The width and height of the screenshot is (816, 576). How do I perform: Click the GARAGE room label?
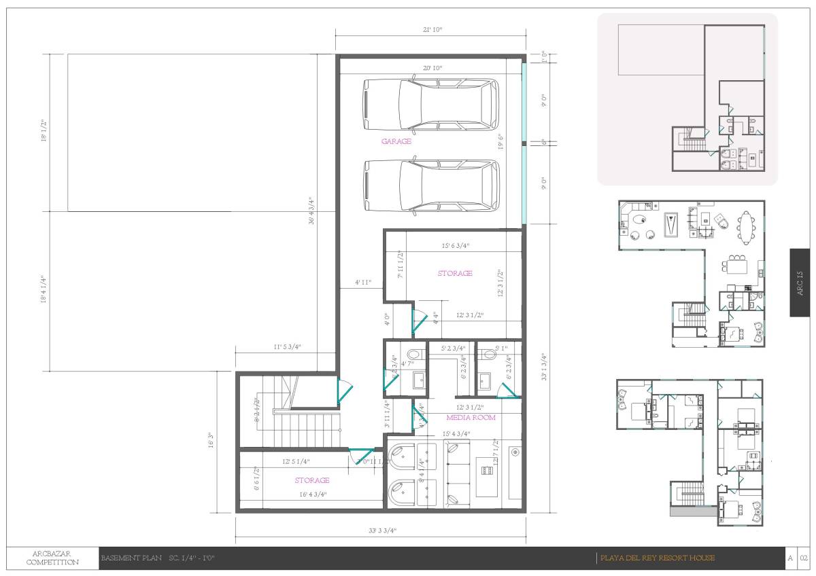tap(396, 141)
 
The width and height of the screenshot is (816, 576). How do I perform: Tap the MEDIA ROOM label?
tap(471, 417)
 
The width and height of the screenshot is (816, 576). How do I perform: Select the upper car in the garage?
tap(430, 105)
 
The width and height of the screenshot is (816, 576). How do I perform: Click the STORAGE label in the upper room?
tap(454, 273)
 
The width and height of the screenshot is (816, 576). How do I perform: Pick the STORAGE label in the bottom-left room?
tap(312, 480)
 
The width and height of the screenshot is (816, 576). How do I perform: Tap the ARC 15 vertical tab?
tap(800, 282)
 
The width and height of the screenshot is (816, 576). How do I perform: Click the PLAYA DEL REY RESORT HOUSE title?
tap(658, 558)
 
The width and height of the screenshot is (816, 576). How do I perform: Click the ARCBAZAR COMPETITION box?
tap(52, 558)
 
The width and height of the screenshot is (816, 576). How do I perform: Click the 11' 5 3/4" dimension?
tap(286, 346)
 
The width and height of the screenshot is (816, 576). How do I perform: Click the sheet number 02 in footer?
tap(803, 558)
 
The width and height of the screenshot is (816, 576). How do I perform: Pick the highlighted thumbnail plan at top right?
tap(687, 99)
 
